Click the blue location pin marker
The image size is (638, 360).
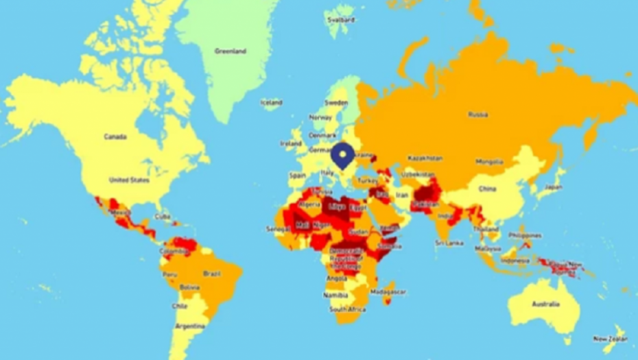342,155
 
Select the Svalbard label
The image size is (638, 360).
342,20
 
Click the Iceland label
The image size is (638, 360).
271,103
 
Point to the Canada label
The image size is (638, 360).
115,136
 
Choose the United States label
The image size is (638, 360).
129,180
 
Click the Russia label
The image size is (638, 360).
478,115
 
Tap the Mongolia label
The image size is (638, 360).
489,162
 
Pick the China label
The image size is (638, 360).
487,189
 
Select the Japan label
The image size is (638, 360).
554,187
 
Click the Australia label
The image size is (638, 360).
545,303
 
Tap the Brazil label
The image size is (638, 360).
212,273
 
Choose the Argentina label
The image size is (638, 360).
189,326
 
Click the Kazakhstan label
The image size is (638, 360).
425,158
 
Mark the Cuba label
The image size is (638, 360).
162,217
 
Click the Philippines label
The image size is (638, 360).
525,235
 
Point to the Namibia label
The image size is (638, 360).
336,294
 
